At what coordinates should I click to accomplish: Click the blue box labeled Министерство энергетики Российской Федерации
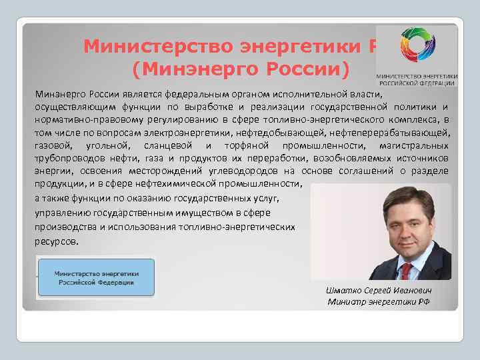tap(96, 277)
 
